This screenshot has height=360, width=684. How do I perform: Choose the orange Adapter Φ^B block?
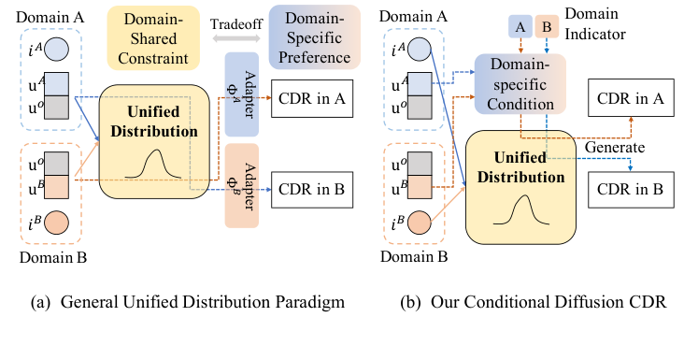click(x=248, y=186)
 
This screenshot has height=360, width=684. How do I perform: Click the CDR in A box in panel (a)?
click(x=310, y=96)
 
